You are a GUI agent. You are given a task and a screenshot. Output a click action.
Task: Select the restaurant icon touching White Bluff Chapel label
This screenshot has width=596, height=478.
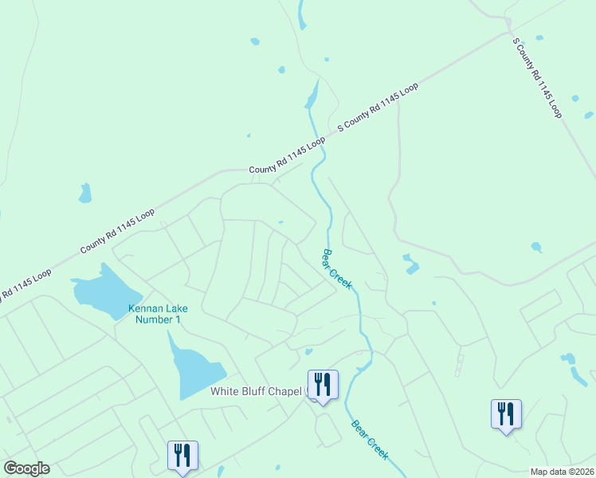click(323, 385)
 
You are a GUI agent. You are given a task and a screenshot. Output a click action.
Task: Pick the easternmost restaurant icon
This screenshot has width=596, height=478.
click(506, 414)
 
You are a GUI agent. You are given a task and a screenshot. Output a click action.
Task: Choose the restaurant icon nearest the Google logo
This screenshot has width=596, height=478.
click(182, 456)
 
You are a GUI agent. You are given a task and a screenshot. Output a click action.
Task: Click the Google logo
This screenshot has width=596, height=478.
click(26, 468)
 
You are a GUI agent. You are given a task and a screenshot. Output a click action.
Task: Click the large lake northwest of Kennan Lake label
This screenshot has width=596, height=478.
click(100, 288)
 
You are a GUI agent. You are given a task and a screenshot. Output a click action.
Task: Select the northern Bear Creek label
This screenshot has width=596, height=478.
click(336, 270)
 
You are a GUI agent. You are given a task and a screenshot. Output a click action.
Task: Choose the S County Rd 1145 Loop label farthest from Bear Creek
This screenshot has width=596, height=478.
click(538, 78)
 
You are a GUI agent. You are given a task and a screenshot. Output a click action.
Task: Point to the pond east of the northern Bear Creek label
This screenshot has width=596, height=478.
click(410, 263)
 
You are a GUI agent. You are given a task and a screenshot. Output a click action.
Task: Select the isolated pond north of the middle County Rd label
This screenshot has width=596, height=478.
click(84, 193)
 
